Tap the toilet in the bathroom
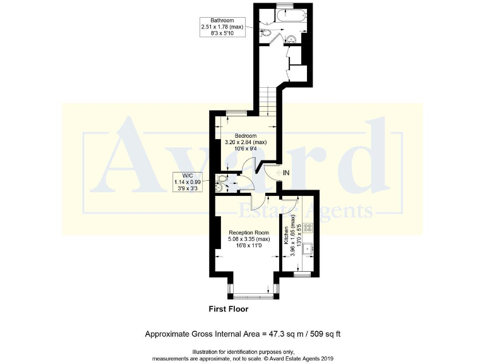click(266, 32)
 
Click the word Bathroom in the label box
click(213, 20)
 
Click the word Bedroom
click(246, 135)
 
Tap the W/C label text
click(188, 176)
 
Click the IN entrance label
click(286, 173)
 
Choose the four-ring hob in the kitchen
click(308, 227)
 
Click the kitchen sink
click(308, 249)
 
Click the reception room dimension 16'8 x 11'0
click(249, 246)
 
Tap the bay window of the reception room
click(251, 294)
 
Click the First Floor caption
click(229, 310)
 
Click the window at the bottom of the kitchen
click(303, 275)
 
